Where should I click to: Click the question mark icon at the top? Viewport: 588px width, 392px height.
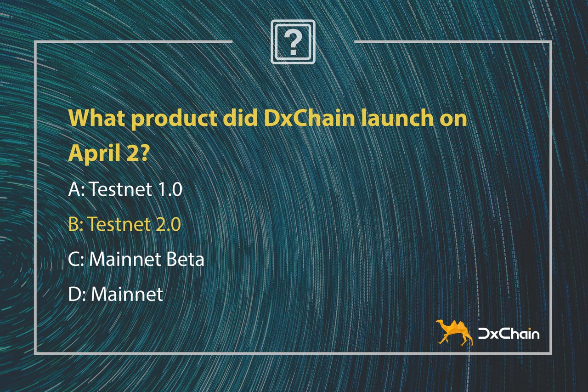point(293,42)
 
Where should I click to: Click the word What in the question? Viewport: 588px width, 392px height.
point(96,118)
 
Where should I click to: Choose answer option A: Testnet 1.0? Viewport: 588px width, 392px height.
point(125,189)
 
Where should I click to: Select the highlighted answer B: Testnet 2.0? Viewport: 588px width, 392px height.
point(124,224)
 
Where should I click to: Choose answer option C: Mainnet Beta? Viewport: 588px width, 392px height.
point(136,259)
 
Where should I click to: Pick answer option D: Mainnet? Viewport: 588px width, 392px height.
point(115,294)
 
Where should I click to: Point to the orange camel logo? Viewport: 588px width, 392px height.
point(454,332)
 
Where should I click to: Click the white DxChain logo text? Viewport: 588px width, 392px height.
point(509,334)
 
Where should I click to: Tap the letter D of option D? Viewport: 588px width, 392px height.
point(74,294)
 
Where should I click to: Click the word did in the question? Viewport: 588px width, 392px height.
point(240,118)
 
